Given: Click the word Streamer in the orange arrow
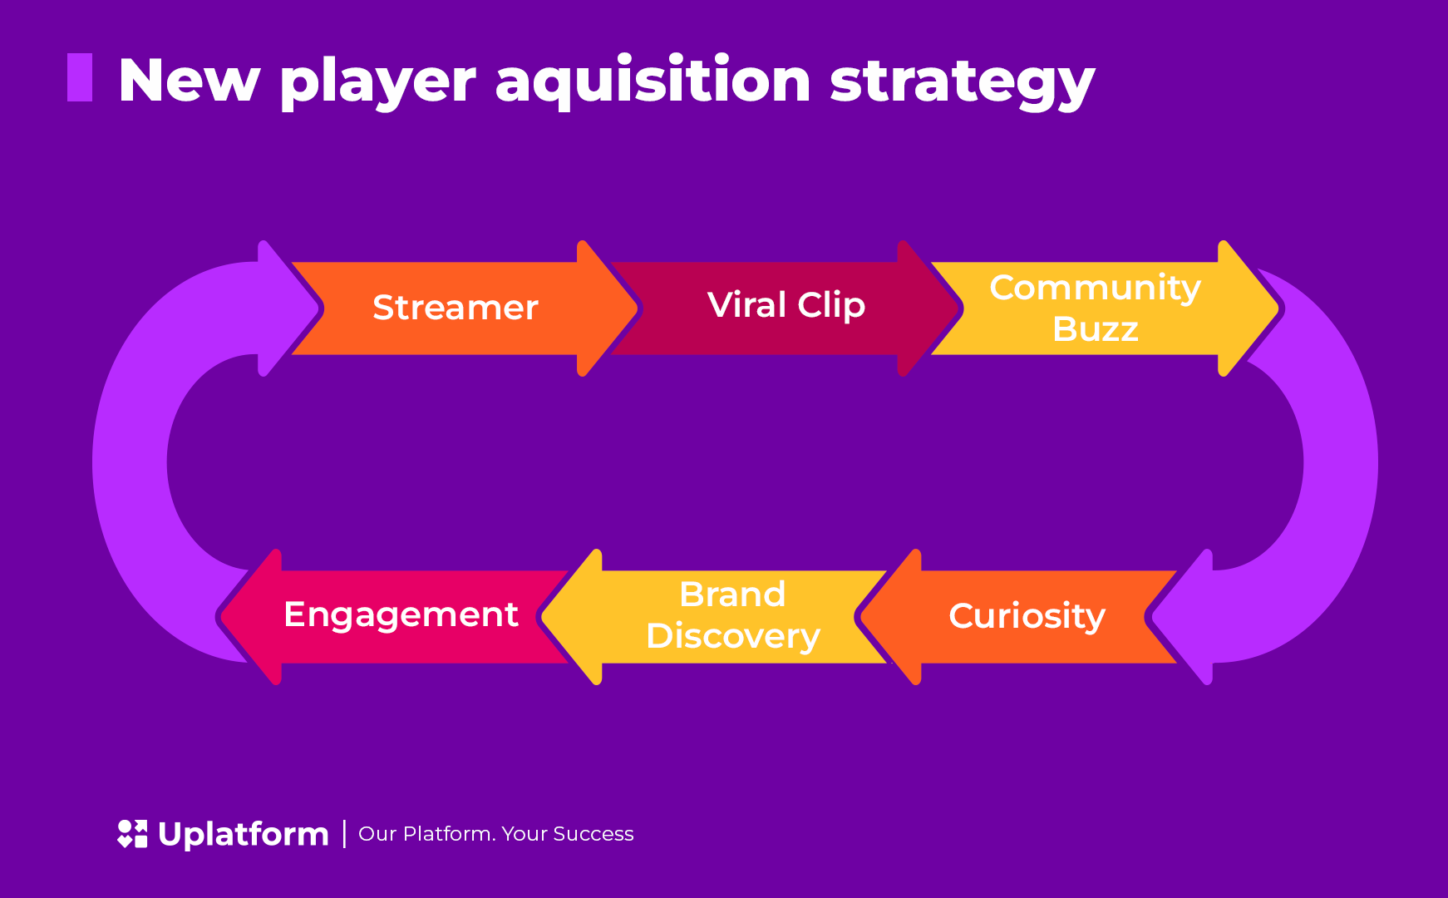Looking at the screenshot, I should coord(456,308).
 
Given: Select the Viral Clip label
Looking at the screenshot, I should coord(786,305).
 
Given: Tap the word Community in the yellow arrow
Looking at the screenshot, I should coord(1095,288).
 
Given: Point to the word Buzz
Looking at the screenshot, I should coord(1095,329).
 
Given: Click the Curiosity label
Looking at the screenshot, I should coord(1027,616).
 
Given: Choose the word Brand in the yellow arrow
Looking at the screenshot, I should coord(732,595).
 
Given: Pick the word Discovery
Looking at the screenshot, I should coord(732,636).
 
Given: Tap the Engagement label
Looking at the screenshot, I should coord(401,614).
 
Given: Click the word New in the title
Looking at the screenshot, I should coord(190,81).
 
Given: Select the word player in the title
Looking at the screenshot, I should coord(377,82).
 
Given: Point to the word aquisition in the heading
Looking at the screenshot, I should coord(653,81).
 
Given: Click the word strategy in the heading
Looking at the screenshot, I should coord(962,82).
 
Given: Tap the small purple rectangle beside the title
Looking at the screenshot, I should coord(80,77).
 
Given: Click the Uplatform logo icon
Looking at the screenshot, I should coord(132,834).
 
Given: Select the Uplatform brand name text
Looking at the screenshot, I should coord(243,834).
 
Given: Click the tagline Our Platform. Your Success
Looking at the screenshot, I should coord(495,834).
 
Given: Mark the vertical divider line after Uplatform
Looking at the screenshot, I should coord(344,834).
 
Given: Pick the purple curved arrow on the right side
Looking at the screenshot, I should coord(1338,466).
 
